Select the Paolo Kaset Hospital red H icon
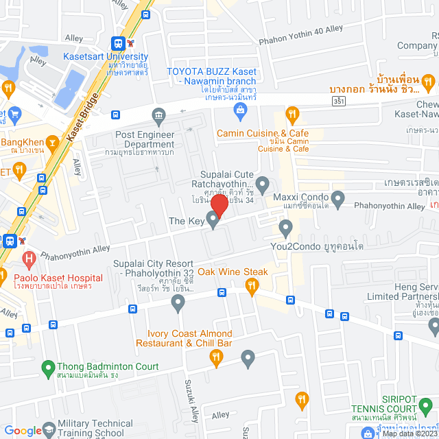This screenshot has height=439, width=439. pyautogui.click(x=29, y=260)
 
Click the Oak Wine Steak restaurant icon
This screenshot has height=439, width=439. pyautogui.click(x=252, y=286)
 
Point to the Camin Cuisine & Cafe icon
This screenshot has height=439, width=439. pyautogui.click(x=292, y=114)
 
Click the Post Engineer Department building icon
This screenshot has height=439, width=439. pyautogui.click(x=159, y=114)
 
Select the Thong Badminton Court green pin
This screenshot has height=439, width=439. pyautogui.click(x=48, y=368)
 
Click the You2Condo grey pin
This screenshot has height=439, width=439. pyautogui.click(x=286, y=226)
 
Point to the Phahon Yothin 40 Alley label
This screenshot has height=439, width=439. pyautogui.click(x=300, y=41)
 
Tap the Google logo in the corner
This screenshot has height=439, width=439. pyautogui.click(x=23, y=431)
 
